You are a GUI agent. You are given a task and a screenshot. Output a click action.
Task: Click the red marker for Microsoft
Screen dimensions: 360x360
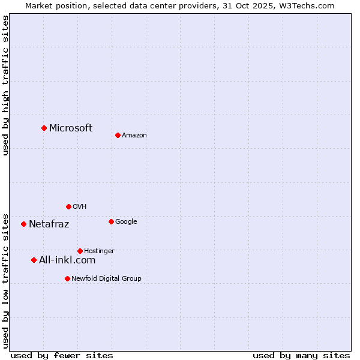[x=44, y=128]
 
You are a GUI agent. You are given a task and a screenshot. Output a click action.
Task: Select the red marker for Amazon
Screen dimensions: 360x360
[x=118, y=135]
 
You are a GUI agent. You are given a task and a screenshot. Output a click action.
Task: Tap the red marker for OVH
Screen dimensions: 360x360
[x=68, y=206]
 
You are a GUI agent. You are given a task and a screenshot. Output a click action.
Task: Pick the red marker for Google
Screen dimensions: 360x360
[x=111, y=221]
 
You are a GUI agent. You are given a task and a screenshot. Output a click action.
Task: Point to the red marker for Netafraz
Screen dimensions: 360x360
[x=23, y=224]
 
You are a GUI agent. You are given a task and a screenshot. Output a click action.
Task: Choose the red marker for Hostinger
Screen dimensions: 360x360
[x=80, y=251]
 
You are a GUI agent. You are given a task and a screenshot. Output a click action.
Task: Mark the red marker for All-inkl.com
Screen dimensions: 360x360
[x=34, y=260]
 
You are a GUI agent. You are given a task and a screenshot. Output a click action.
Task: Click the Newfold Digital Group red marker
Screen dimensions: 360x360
[x=67, y=278]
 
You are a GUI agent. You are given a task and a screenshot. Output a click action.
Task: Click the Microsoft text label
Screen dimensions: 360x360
[x=71, y=128]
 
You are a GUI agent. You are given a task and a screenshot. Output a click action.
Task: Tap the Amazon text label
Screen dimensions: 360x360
[x=134, y=136]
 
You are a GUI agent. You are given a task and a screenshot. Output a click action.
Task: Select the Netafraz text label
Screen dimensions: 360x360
[x=49, y=224]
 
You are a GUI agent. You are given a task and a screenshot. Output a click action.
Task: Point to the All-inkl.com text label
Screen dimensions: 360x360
[x=67, y=260]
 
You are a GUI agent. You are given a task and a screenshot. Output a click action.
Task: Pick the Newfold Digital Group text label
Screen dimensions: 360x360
[x=107, y=278]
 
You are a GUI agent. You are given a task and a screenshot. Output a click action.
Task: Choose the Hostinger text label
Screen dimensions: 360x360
[x=99, y=251]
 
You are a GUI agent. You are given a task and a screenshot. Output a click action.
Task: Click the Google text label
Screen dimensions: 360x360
[x=126, y=222]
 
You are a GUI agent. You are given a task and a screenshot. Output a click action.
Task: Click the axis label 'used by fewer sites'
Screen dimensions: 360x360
[x=62, y=355]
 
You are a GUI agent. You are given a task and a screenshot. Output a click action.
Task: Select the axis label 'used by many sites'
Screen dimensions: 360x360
[x=301, y=355]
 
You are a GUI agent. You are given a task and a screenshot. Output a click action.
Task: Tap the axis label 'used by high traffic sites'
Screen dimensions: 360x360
[x=5, y=85]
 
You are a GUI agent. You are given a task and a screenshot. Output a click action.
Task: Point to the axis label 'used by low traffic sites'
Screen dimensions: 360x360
[x=5, y=281]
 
